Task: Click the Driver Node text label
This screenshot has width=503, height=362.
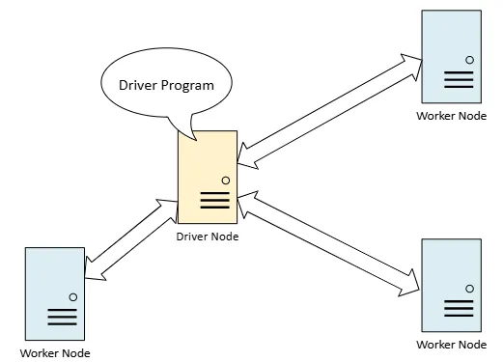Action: pos(208,236)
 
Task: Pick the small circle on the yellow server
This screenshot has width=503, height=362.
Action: pos(225,180)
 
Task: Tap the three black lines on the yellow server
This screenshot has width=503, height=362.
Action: pos(214,200)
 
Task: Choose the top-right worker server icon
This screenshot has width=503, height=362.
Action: pos(451,57)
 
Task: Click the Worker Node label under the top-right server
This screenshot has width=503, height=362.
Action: pos(451,115)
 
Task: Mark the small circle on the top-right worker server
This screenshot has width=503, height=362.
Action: pos(469,60)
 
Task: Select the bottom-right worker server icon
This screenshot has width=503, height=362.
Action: pos(451,285)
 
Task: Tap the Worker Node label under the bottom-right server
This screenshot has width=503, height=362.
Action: pos(451,344)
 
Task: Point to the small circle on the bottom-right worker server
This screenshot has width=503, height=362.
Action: pos(469,289)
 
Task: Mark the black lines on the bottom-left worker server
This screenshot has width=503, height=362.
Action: pos(61,317)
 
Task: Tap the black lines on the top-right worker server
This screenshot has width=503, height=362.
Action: pos(458,80)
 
